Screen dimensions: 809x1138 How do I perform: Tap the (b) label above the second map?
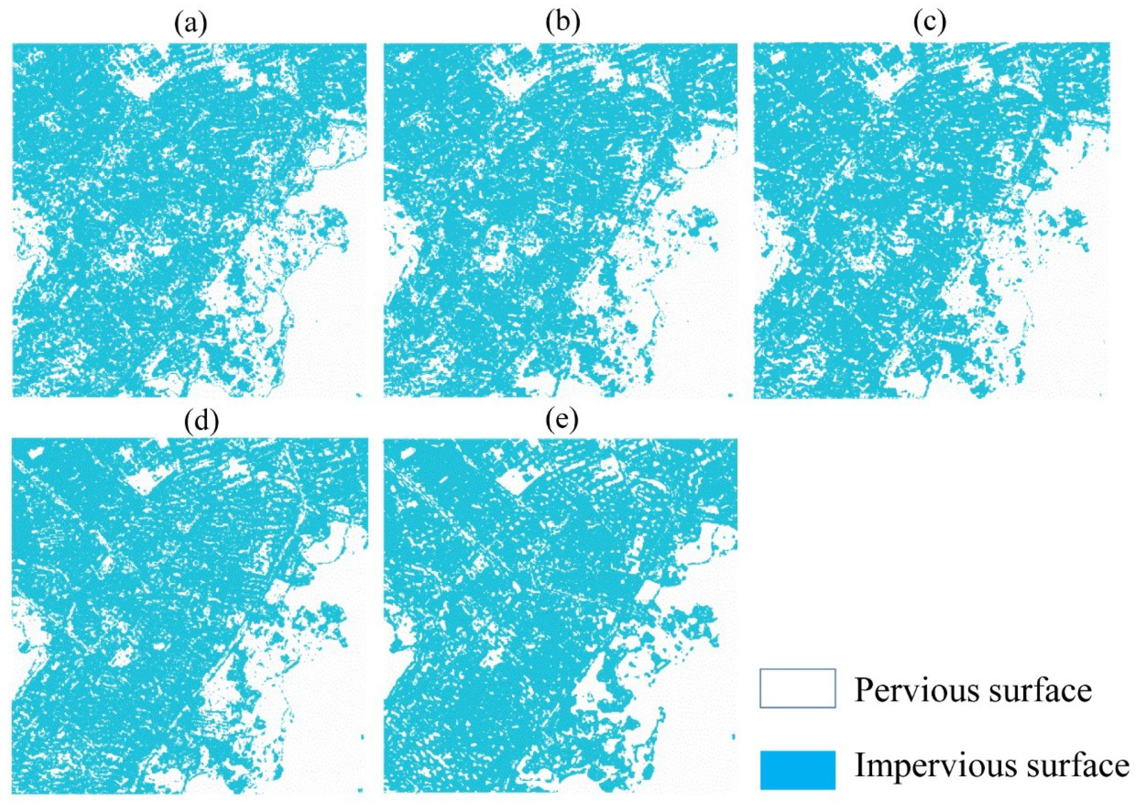click(562, 25)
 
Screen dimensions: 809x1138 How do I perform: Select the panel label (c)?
click(930, 25)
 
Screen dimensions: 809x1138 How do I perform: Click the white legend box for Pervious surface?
click(797, 688)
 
